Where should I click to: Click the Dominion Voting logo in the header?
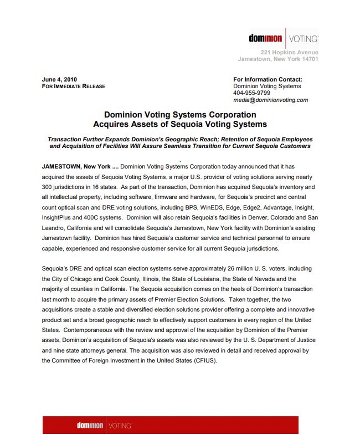(283, 39)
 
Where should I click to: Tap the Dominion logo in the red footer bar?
(104, 426)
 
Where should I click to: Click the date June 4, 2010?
(59, 79)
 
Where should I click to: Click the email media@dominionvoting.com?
(270, 100)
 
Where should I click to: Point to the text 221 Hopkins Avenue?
(289, 52)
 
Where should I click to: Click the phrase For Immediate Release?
(74, 86)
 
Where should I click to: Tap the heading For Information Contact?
(268, 79)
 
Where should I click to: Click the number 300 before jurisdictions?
(48, 187)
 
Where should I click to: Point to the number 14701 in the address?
(307, 59)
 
